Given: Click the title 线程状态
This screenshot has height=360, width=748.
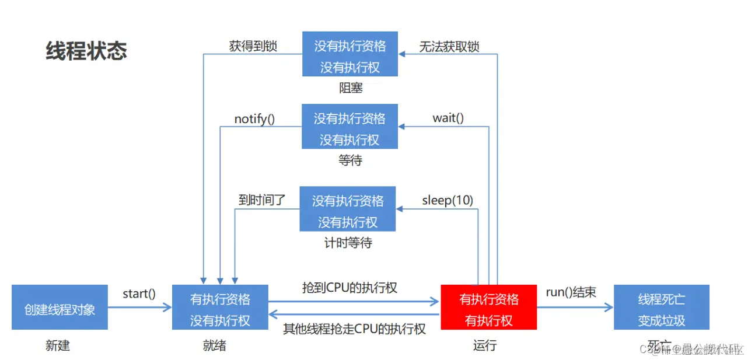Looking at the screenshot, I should pos(86,51).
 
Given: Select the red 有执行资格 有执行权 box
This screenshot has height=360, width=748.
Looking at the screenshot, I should pos(488,309).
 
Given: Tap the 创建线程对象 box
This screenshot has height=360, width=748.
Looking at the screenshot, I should pos(60,307).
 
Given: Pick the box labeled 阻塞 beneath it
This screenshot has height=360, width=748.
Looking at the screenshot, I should pos(350,54).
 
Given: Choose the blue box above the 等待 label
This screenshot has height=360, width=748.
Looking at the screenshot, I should pos(349,127).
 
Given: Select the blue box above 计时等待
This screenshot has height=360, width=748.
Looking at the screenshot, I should pos(348,209).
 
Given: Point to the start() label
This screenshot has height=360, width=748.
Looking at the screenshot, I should pos(139,293).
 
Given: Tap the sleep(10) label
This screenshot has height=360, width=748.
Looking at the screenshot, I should pos(448,200).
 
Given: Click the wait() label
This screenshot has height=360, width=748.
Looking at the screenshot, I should pos(448,118).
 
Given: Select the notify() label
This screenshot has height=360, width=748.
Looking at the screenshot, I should pos(254,119).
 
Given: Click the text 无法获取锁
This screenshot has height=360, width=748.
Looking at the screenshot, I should pos(449,47).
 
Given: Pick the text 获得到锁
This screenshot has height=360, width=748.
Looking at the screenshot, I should pos(253,47).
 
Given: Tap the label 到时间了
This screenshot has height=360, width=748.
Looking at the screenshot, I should pos(262,200).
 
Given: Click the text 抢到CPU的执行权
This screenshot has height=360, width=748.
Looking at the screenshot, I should pos(349,287).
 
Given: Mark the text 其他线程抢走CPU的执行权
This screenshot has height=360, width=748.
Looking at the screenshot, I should pos(354,328).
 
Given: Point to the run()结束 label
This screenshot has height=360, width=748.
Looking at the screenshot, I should pos(571,292).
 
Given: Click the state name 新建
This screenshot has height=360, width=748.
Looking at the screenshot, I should pos(58,345).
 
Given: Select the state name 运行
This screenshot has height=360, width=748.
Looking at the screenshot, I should pos(485,345).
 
